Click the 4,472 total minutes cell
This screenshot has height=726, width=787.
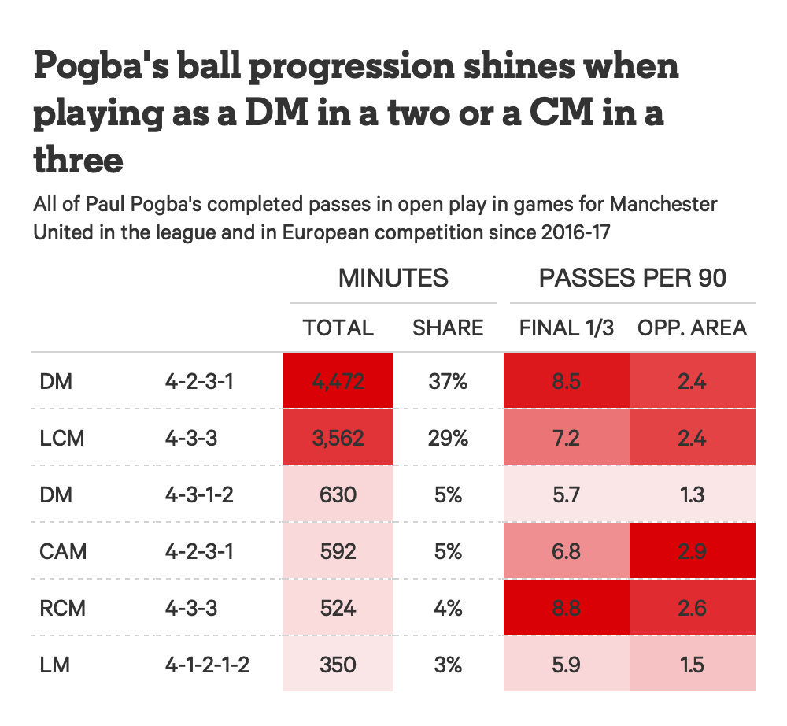pyautogui.click(x=338, y=381)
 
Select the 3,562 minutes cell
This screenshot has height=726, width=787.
pyautogui.click(x=338, y=438)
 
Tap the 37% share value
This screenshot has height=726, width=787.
pyautogui.click(x=448, y=382)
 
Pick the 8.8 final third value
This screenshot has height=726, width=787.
pyautogui.click(x=566, y=608)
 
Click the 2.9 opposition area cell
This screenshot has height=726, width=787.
pyautogui.click(x=692, y=550)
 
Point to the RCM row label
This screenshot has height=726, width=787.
pyautogui.click(x=63, y=608)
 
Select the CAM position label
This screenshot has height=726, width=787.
pyautogui.click(x=63, y=551)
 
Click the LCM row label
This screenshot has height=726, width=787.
pyautogui.click(x=61, y=439)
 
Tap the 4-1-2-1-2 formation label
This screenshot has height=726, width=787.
pyautogui.click(x=207, y=665)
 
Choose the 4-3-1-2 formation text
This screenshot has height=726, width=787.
pyautogui.click(x=199, y=495)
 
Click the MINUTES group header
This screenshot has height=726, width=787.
pyautogui.click(x=393, y=278)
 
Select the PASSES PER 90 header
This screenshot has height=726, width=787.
pyautogui.click(x=633, y=278)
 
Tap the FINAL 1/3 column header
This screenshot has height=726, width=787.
pyautogui.click(x=567, y=328)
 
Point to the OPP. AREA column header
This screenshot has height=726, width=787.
pyautogui.click(x=692, y=328)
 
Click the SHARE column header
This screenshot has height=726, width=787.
pyautogui.click(x=448, y=328)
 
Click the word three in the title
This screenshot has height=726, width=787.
pyautogui.click(x=78, y=160)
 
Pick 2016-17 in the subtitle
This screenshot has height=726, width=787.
pyautogui.click(x=575, y=232)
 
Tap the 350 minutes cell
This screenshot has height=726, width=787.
pyautogui.click(x=338, y=665)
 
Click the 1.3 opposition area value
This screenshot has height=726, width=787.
pyautogui.click(x=692, y=495)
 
